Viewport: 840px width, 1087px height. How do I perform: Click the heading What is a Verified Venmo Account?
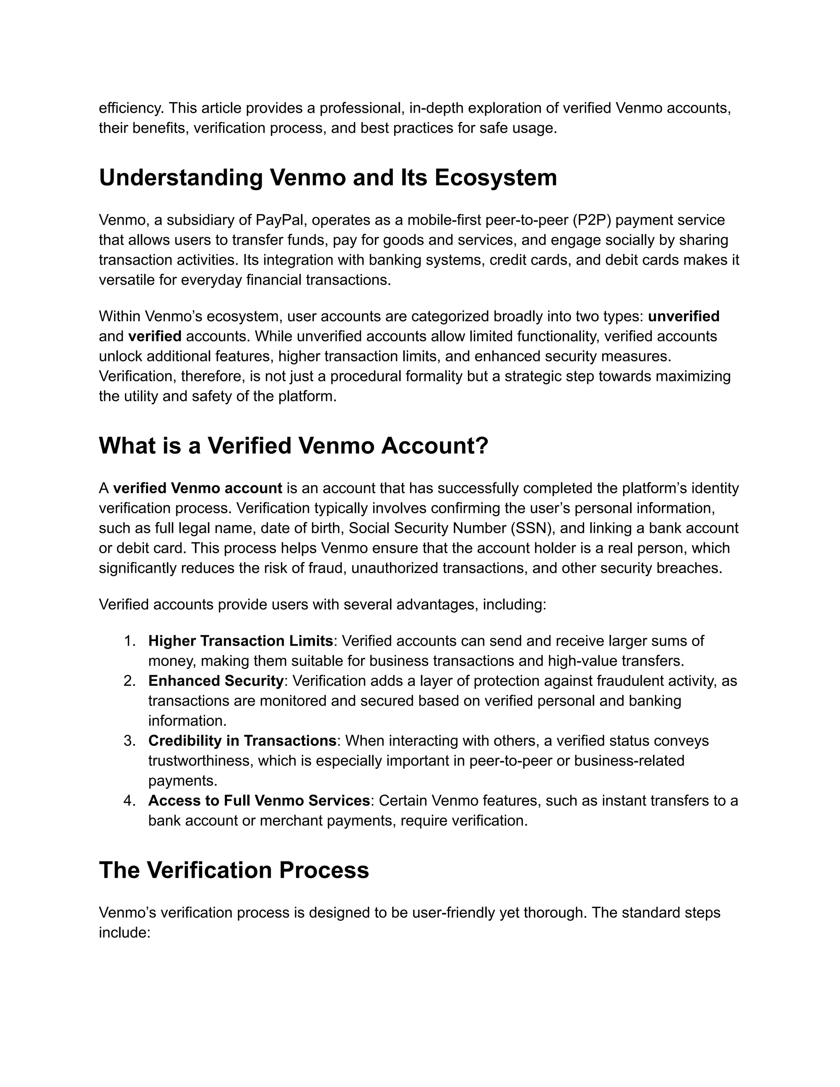(294, 445)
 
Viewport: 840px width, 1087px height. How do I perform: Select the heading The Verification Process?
(234, 870)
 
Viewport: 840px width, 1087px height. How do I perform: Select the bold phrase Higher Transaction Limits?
(240, 641)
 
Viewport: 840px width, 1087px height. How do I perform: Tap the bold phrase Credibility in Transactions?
(242, 740)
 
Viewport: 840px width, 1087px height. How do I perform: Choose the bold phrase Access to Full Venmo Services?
(259, 800)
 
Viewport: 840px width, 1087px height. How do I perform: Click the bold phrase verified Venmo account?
(198, 488)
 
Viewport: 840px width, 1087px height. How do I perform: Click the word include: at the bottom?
(124, 932)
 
